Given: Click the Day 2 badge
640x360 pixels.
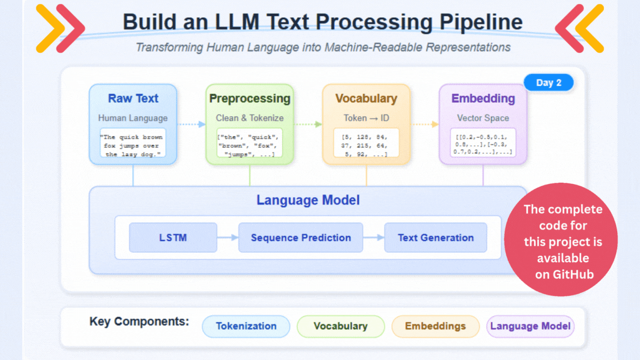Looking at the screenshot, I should point(548,83).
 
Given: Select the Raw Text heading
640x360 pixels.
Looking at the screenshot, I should point(133,98).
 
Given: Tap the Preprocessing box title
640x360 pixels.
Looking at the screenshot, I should point(249,98).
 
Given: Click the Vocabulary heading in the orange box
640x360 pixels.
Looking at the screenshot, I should point(366,98).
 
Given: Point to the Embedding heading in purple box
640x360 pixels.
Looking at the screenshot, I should point(483,98).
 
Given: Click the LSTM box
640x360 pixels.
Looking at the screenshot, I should point(173,238).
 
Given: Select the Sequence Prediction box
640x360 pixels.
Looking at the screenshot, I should point(301,238).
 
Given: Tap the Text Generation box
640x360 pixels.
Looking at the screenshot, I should point(436,238).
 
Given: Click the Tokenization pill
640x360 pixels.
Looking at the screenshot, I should point(246,326).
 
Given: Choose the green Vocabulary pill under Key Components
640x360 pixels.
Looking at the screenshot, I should point(341,326).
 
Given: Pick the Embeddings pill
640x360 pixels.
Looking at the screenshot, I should point(435,326).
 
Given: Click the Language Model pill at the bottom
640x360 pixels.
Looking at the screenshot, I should point(530,326).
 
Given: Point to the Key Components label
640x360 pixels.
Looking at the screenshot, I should point(139,322).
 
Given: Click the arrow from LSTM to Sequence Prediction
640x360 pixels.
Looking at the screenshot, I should point(227,238).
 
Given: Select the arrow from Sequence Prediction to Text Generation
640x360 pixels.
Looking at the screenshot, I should point(373,238).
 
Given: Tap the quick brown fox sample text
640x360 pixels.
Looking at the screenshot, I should point(133,146).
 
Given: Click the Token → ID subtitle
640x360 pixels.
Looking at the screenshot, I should point(366,118).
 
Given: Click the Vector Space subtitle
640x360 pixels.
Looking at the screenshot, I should point(483,118).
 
